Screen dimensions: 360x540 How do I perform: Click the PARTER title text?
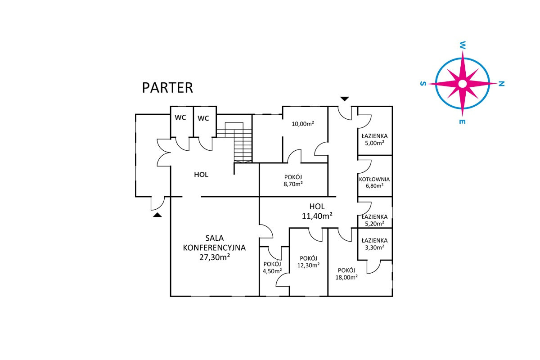(x=167, y=87)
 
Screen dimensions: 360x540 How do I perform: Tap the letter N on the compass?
(x=502, y=84)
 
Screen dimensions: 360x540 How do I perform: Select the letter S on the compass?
(x=422, y=84)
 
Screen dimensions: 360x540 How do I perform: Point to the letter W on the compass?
(x=462, y=45)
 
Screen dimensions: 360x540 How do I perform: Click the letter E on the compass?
(x=462, y=122)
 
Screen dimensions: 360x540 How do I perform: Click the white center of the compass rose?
(x=462, y=84)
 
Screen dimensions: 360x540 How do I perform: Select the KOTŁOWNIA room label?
(x=374, y=179)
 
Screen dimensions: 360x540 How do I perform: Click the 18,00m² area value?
(x=346, y=278)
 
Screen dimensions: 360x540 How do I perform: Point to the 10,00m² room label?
(x=302, y=124)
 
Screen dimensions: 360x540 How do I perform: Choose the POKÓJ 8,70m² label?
(x=292, y=180)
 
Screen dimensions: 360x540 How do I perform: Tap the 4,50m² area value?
(x=272, y=271)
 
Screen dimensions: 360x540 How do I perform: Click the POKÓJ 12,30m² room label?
(x=308, y=261)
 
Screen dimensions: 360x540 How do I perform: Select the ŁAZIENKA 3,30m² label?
(x=374, y=243)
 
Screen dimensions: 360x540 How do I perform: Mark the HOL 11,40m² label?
(x=317, y=211)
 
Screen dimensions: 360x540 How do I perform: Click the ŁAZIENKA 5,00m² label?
(x=374, y=139)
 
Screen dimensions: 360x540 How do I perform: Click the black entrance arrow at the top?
(x=344, y=99)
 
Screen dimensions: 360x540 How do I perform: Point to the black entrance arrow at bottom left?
(x=157, y=216)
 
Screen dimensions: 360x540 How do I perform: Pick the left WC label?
(x=180, y=118)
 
